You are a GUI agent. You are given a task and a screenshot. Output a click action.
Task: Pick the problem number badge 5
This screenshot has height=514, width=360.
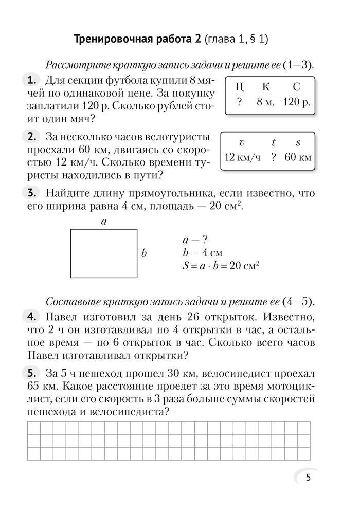(x=31, y=372)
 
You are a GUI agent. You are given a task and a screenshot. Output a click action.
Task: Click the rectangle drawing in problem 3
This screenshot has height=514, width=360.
(x=104, y=253)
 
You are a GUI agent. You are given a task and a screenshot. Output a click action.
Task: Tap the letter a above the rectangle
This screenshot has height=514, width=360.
(x=103, y=222)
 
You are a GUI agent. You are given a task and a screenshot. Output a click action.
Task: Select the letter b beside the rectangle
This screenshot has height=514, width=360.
(x=144, y=253)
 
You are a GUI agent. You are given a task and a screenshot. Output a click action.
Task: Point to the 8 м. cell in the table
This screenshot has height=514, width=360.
(x=266, y=102)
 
